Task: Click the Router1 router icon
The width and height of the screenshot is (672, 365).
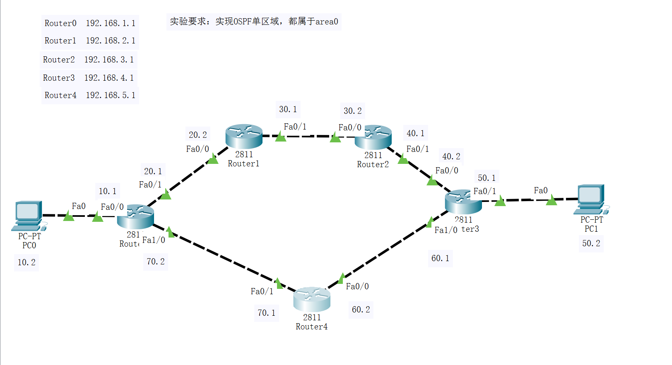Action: [244, 136]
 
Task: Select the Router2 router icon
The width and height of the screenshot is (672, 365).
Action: [373, 137]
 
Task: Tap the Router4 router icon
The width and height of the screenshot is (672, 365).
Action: [312, 299]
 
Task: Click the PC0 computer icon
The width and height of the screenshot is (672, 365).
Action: [28, 215]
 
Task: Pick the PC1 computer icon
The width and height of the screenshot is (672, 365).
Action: [591, 199]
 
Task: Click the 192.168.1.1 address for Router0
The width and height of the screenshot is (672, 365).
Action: [111, 23]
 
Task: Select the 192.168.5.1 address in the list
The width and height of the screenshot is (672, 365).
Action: [111, 95]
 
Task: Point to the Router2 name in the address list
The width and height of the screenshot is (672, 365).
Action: [59, 60]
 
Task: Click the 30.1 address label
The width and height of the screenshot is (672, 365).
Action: [288, 109]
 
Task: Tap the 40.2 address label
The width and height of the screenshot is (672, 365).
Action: [451, 156]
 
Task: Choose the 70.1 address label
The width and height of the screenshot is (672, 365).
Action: [266, 313]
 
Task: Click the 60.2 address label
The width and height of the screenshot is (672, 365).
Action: [361, 310]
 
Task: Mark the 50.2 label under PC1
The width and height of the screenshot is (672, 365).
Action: [591, 243]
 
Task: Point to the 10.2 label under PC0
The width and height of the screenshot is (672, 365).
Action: [26, 262]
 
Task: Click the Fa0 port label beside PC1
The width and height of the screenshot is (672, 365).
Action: [540, 190]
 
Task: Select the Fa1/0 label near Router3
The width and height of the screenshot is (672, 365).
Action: [446, 230]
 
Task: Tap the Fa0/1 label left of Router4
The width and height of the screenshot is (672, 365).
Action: [262, 291]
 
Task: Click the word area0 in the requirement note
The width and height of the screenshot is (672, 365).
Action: [327, 22]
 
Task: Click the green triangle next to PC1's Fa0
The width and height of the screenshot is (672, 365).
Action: [551, 201]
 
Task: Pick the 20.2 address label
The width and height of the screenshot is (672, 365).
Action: [198, 135]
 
